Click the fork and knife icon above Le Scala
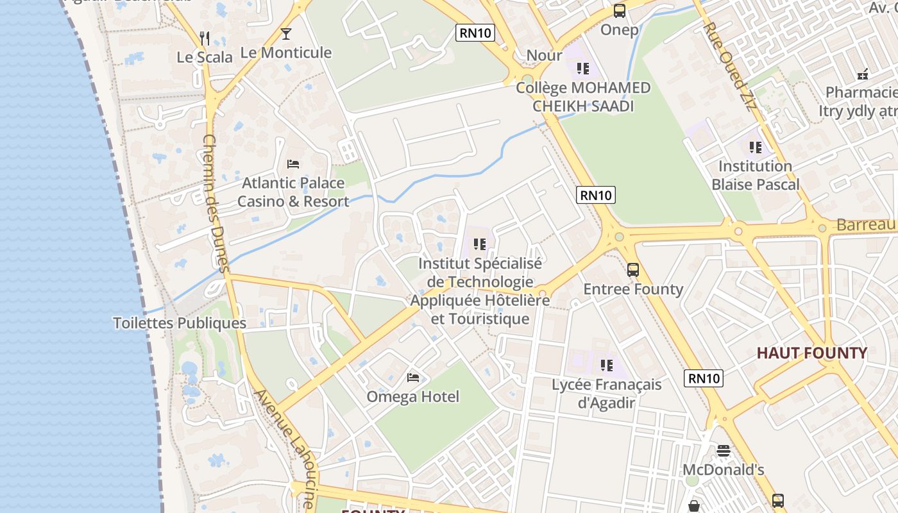pyautogui.click(x=204, y=38)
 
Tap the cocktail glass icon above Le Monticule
pyautogui.click(x=286, y=34)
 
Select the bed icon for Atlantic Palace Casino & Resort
pyautogui.click(x=293, y=164)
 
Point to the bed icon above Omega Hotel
pyautogui.click(x=413, y=378)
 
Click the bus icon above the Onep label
pyautogui.click(x=619, y=11)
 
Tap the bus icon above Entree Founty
pyautogui.click(x=633, y=270)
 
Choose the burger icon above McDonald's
pyautogui.click(x=724, y=451)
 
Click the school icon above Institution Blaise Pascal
pyautogui.click(x=756, y=147)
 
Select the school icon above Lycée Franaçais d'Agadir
pyautogui.click(x=606, y=366)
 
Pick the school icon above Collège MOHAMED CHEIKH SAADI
pyautogui.click(x=582, y=68)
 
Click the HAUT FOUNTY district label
pyautogui.click(x=811, y=353)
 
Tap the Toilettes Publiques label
pyautogui.click(x=180, y=323)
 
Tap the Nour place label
pyautogui.click(x=544, y=56)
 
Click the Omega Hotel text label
pyautogui.click(x=413, y=397)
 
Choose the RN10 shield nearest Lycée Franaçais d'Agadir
pyautogui.click(x=704, y=378)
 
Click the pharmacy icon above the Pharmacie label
pyautogui.click(x=863, y=74)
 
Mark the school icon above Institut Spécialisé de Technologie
pyautogui.click(x=480, y=244)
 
